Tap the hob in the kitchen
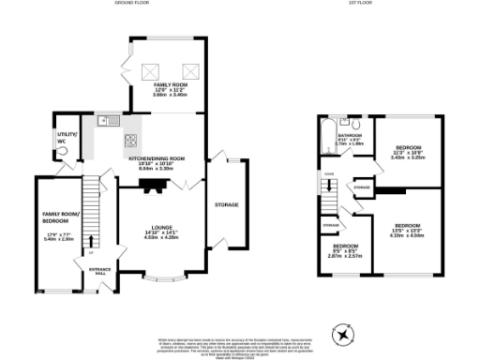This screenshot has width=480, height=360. [x=128, y=143]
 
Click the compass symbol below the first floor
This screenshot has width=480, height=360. [x=343, y=332]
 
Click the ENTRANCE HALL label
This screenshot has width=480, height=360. [x=100, y=272]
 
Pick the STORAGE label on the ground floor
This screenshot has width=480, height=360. [x=227, y=204]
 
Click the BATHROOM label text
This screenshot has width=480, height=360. [x=350, y=135]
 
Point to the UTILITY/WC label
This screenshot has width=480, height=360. [x=65, y=138]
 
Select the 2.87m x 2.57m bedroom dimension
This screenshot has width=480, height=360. [x=343, y=255]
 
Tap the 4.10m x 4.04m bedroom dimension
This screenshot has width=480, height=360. [x=406, y=235]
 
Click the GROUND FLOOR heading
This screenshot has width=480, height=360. [x=133, y=4]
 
